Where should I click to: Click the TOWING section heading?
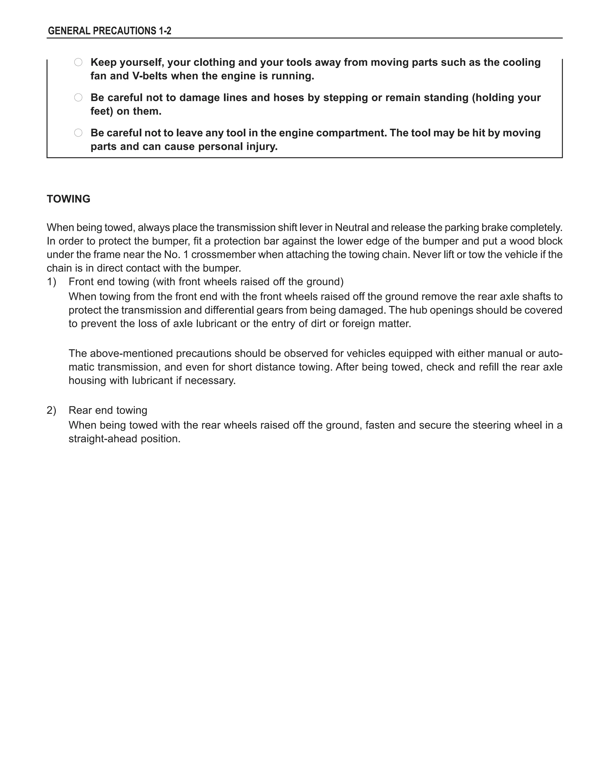pyautogui.click(x=69, y=199)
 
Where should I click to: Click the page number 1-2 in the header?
pyautogui.click(x=164, y=31)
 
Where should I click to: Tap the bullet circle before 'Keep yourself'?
pyautogui.click(x=78, y=62)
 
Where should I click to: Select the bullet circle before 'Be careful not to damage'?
pyautogui.click(x=78, y=97)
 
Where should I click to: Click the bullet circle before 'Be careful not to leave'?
pyautogui.click(x=78, y=133)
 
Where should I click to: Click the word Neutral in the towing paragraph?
pyautogui.click(x=351, y=227)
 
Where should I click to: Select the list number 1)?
pyautogui.click(x=51, y=282)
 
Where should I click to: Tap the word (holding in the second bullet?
pyautogui.click(x=491, y=97)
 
